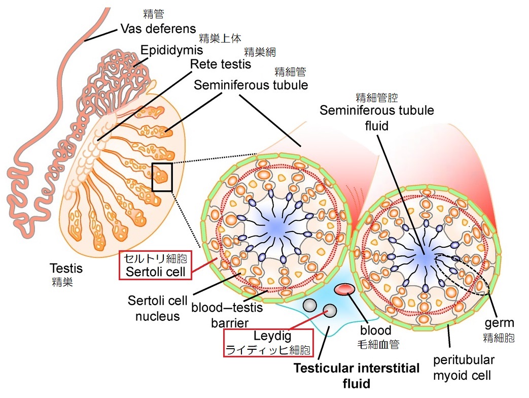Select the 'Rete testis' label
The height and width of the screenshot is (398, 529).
tap(221, 64)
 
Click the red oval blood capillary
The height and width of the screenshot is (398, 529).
tap(344, 289)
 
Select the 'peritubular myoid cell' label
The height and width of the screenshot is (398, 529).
tap(464, 368)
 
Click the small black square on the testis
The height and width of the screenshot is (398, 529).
tap(162, 177)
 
